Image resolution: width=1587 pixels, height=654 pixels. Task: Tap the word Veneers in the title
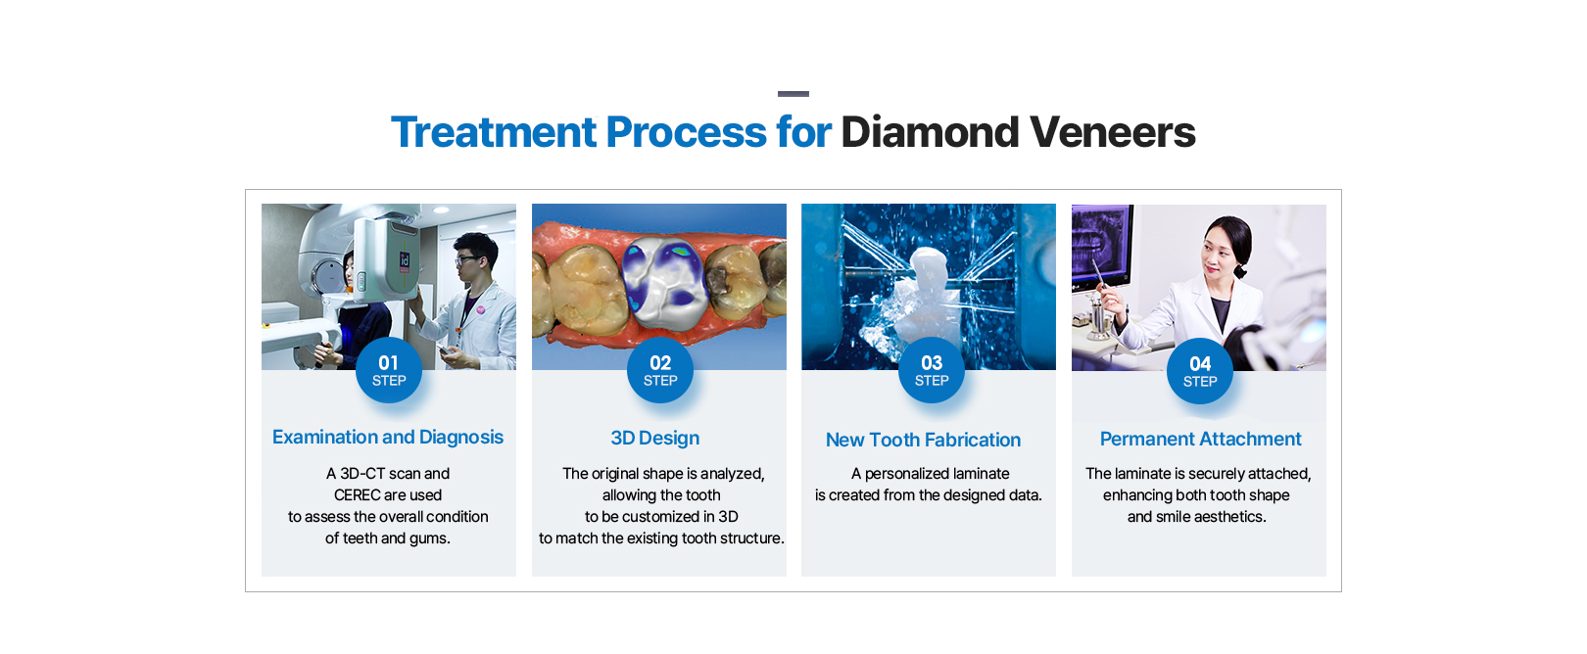[x=1112, y=132]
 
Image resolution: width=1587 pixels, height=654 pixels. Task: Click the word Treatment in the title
[x=494, y=132]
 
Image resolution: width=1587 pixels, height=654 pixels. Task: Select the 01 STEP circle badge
[x=389, y=370]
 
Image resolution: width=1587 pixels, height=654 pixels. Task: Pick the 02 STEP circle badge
[x=660, y=370]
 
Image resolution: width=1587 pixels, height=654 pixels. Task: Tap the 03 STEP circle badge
[x=932, y=370]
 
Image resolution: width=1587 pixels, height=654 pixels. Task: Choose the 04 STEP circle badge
[x=1200, y=371]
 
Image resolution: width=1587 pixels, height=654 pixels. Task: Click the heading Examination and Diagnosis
[x=388, y=438]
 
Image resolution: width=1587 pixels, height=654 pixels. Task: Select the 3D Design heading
[x=655, y=439]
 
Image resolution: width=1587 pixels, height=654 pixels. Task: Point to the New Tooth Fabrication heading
[x=923, y=440]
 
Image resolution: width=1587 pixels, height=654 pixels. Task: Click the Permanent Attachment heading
[x=1201, y=439]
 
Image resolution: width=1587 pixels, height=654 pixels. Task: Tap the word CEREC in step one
[x=359, y=495]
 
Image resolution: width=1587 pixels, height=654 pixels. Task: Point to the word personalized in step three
[x=911, y=474]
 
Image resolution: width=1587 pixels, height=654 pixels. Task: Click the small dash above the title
[x=793, y=93]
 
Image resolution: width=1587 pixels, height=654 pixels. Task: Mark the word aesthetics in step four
[x=1231, y=517]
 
